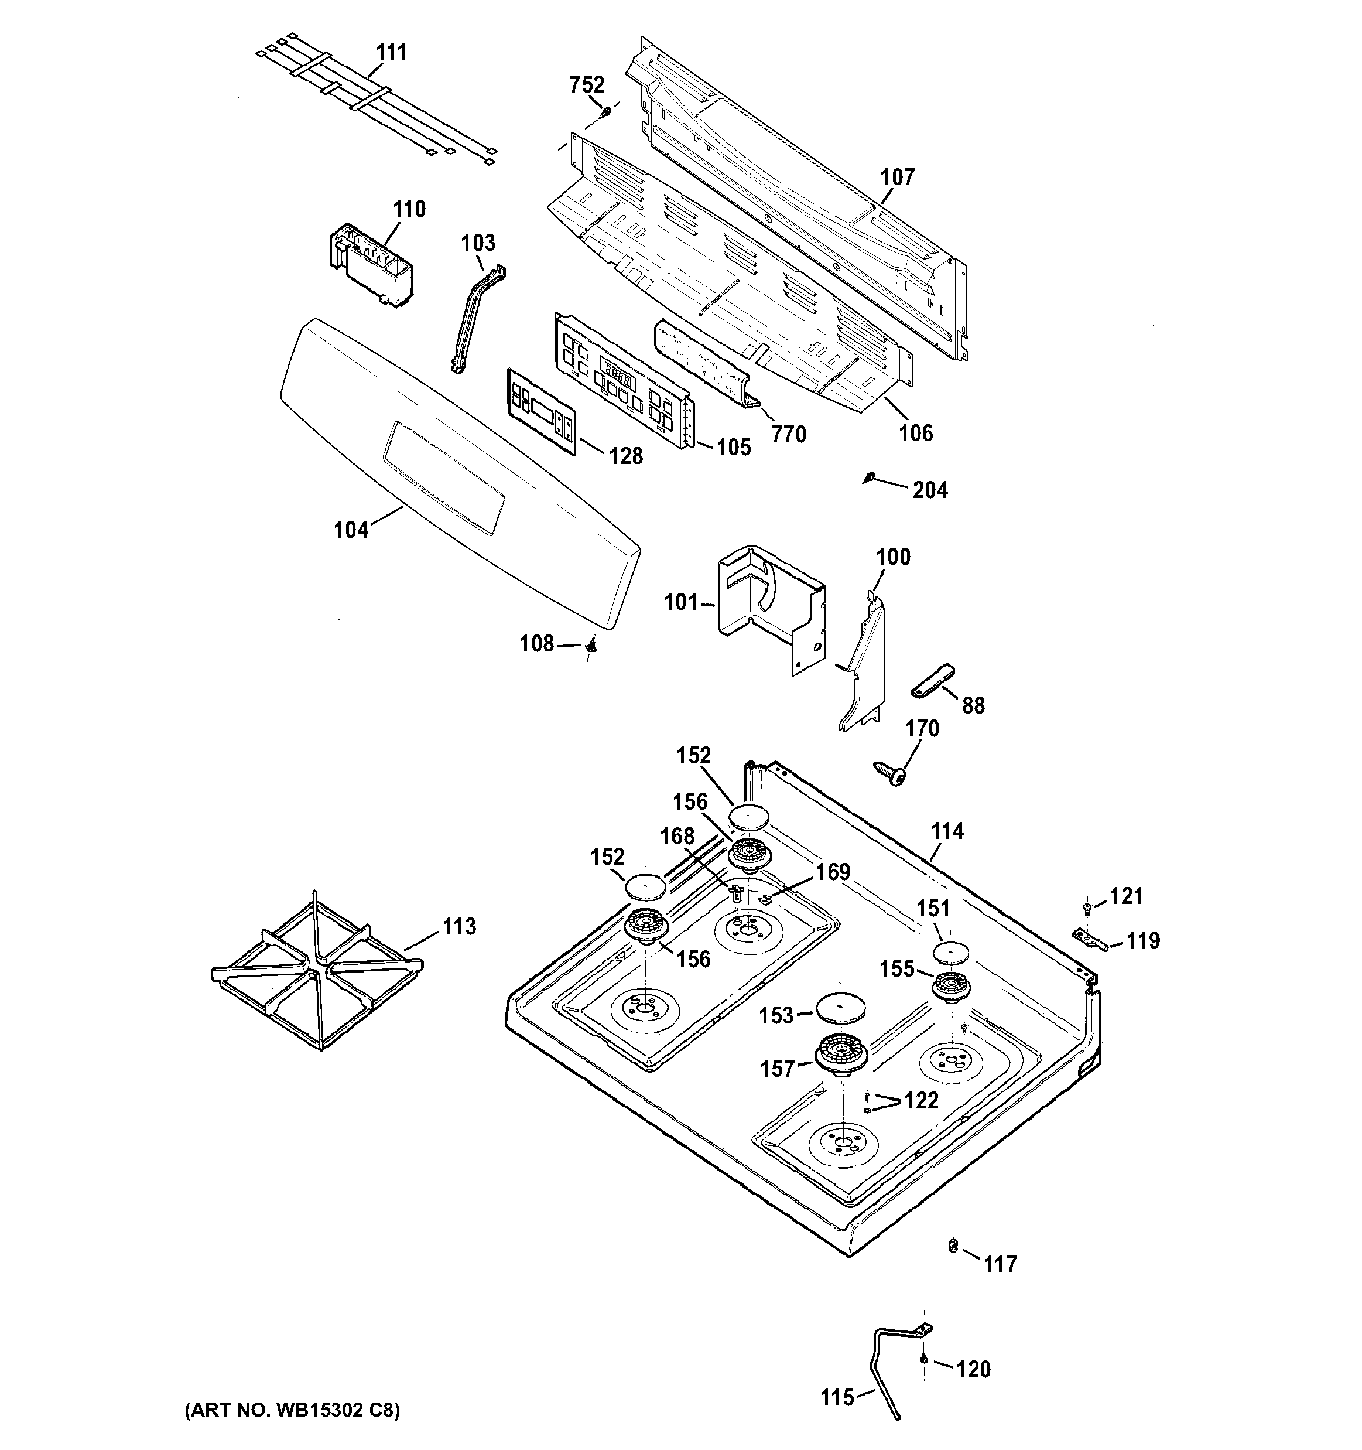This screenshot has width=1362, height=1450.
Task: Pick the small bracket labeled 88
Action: pyautogui.click(x=933, y=681)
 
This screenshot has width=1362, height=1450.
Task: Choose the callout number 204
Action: pyautogui.click(x=930, y=490)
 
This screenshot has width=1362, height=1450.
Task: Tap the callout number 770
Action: pyautogui.click(x=788, y=435)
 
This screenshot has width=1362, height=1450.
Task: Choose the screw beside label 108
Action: pyautogui.click(x=591, y=645)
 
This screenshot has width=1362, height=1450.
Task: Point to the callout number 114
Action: pyautogui.click(x=947, y=831)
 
